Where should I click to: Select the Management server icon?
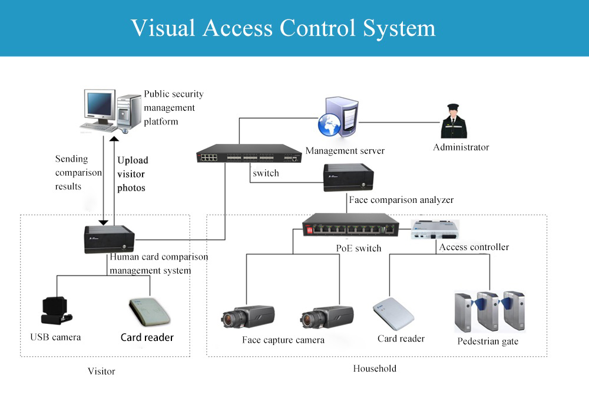(338, 117)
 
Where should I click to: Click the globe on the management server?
(329, 125)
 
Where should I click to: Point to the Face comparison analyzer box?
(349, 177)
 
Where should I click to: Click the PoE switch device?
(350, 225)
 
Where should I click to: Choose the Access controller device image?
(435, 229)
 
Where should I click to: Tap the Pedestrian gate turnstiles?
(490, 311)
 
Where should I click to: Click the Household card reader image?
(393, 314)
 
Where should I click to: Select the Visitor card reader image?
(150, 312)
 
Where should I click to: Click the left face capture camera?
(248, 317)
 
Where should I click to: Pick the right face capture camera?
(327, 317)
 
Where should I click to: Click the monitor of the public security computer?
(100, 105)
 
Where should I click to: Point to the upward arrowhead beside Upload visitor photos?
(114, 139)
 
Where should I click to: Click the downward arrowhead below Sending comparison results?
(103, 223)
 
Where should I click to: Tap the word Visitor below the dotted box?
(101, 372)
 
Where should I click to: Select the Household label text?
(375, 369)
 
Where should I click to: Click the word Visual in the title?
(163, 28)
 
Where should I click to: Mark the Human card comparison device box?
(110, 239)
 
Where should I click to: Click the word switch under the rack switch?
(266, 173)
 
